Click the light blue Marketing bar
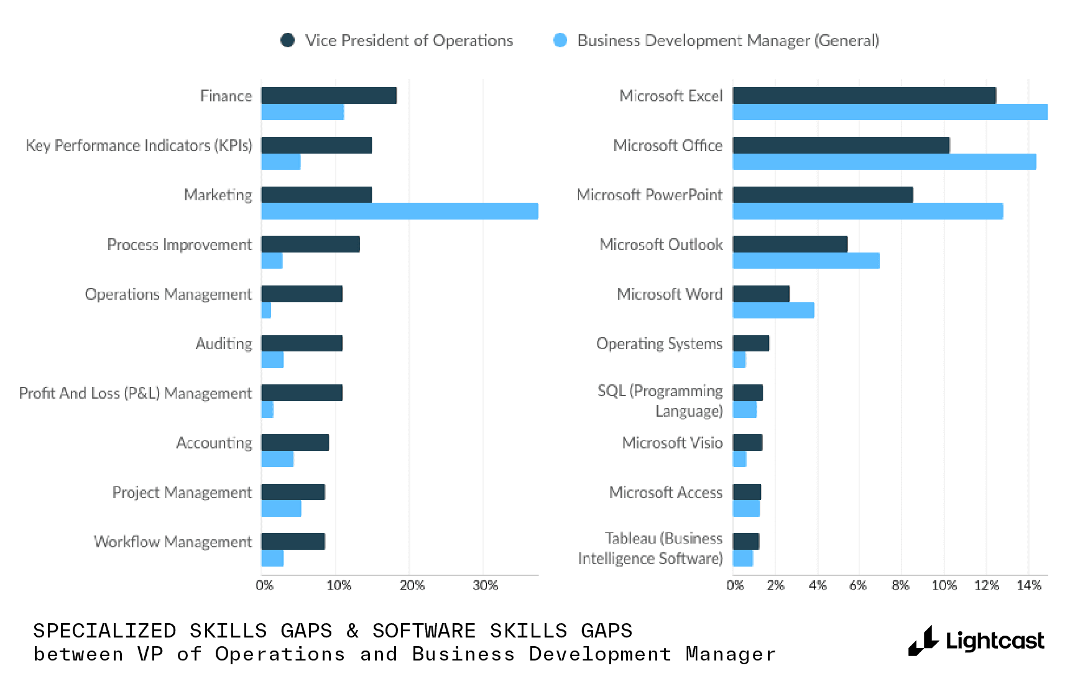399,211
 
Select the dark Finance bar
329,95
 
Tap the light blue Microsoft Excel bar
890,112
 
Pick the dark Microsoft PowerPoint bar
823,195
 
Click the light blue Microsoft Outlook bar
806,261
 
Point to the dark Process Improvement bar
310,244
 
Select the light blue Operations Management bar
266,310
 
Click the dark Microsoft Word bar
761,294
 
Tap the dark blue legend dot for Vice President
287,40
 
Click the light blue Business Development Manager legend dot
560,40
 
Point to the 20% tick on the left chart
412,585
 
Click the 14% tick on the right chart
1028,585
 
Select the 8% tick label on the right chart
900,585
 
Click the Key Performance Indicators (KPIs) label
139,146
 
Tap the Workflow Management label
173,542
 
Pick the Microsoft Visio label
672,443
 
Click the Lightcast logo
976,641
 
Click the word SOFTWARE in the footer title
423,631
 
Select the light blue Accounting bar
277,459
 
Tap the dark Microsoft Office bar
841,145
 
